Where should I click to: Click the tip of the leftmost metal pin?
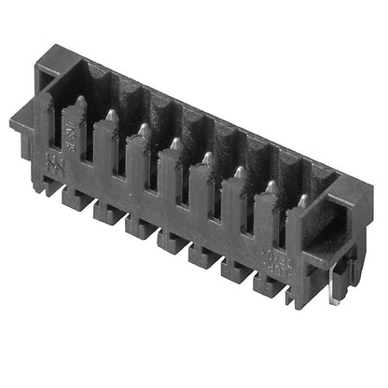click(80, 101)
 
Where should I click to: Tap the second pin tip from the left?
click(112, 114)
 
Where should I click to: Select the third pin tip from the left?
click(143, 129)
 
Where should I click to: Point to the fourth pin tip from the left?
click(174, 143)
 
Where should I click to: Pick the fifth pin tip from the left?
click(206, 158)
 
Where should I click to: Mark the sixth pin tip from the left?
click(239, 172)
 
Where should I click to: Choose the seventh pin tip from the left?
click(270, 187)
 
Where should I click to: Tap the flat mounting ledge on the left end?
click(28, 119)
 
